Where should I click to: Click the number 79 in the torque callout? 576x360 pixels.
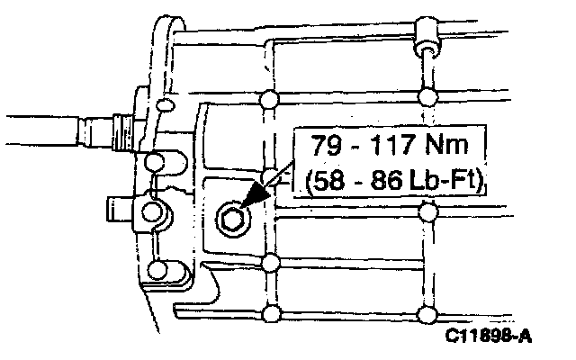327,145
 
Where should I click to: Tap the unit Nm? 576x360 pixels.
446,144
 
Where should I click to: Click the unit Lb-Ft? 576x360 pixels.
442,180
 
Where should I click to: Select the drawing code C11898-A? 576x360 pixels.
488,336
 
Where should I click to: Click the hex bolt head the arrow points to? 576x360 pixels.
233,220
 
